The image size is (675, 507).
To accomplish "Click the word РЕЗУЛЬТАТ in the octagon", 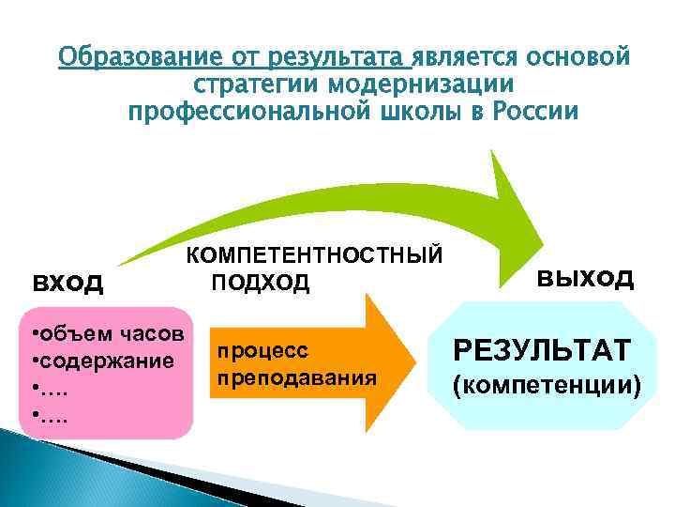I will tap(542, 351).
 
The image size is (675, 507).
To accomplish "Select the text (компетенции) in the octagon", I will tap(547, 384).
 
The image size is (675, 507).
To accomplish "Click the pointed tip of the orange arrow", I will tap(412, 361).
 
